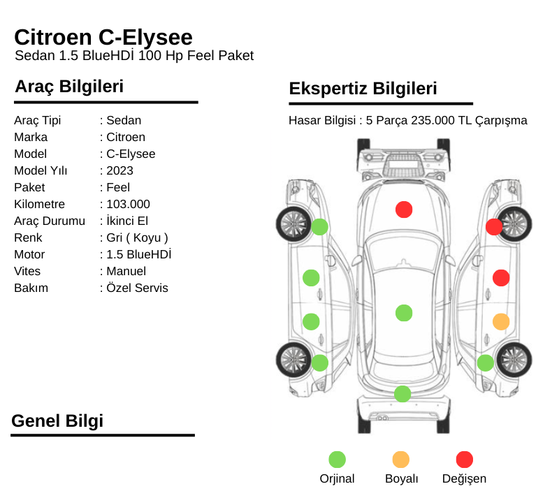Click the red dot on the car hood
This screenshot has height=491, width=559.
tap(404, 210)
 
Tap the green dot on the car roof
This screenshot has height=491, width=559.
tap(404, 313)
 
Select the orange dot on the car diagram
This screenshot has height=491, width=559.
tap(501, 322)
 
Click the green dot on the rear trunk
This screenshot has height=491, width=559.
tap(402, 394)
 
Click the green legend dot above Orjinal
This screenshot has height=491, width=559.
tap(337, 460)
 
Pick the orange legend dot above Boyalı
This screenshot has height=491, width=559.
tap(400, 460)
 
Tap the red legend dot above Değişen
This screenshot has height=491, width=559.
tap(465, 460)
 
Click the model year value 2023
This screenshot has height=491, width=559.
tap(119, 170)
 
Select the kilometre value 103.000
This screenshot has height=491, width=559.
tap(129, 204)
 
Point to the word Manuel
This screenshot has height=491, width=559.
tap(126, 271)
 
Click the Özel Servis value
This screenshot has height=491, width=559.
tap(137, 288)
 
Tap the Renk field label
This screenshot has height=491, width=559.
tap(28, 237)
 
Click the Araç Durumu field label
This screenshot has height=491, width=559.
tap(50, 221)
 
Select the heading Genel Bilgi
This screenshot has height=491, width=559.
tap(57, 420)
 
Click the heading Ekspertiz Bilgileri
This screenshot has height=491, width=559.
tap(363, 89)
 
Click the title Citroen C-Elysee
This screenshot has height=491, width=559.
tap(103, 38)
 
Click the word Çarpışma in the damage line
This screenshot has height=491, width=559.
tap(501, 121)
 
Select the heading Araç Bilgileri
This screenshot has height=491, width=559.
tap(69, 87)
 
